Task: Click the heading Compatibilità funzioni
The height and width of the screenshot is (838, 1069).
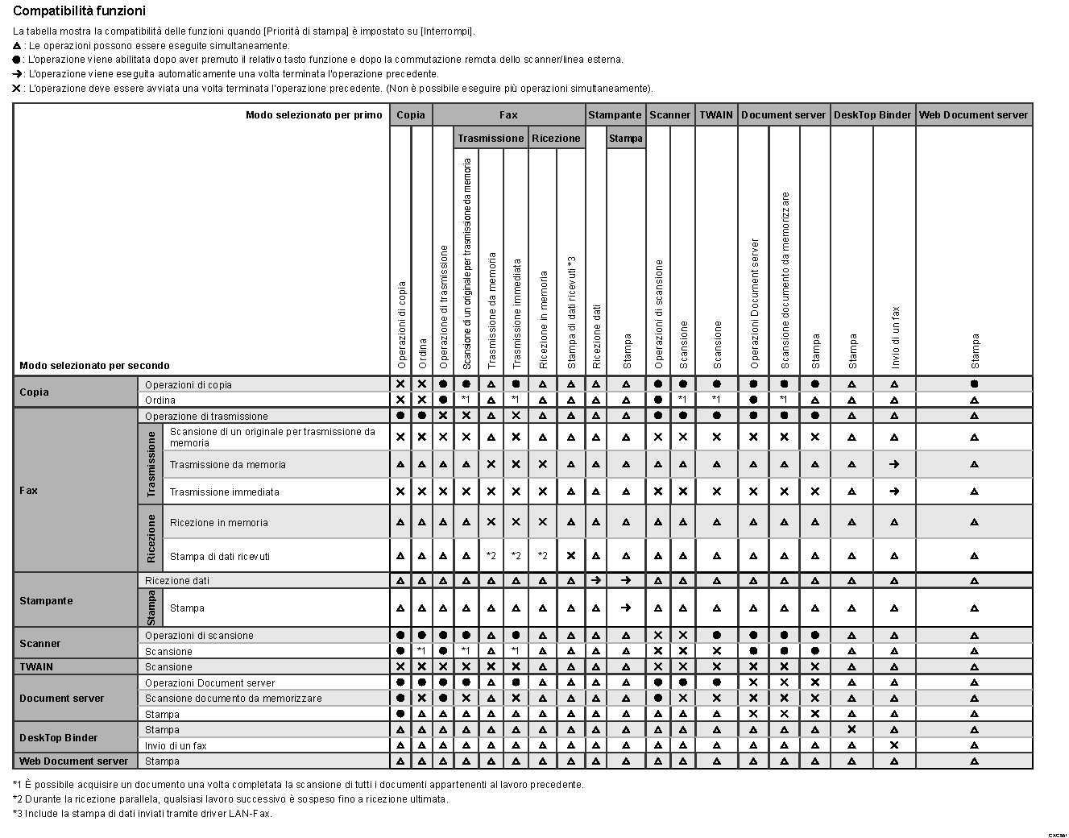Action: coord(80,11)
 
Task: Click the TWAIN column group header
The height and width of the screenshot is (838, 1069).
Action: coord(715,115)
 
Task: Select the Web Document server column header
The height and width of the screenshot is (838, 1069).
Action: coord(973,115)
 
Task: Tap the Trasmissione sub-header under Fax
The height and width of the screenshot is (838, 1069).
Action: coord(491,138)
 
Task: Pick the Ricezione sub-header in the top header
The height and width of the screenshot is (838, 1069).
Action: coord(556,138)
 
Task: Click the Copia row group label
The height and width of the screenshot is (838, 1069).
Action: coord(34,392)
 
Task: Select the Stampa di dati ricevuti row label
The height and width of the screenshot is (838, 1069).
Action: coord(219,556)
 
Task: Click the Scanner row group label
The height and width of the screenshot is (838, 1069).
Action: coord(40,643)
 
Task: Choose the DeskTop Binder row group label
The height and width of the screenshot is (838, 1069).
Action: coord(58,737)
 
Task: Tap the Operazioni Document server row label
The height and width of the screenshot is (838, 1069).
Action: coord(209,682)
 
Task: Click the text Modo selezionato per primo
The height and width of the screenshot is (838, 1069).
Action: coord(314,115)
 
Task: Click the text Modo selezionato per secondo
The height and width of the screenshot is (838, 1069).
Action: coord(94,366)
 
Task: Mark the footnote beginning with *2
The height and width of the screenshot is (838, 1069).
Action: coord(230,799)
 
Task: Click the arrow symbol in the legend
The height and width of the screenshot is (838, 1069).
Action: coord(18,74)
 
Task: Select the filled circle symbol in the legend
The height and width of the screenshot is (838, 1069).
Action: coord(18,60)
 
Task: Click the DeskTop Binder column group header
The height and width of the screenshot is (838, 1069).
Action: coord(872,115)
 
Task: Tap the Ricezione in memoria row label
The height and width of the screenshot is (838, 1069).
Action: coord(218,522)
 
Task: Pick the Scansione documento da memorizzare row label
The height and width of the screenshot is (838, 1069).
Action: coord(233,698)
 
